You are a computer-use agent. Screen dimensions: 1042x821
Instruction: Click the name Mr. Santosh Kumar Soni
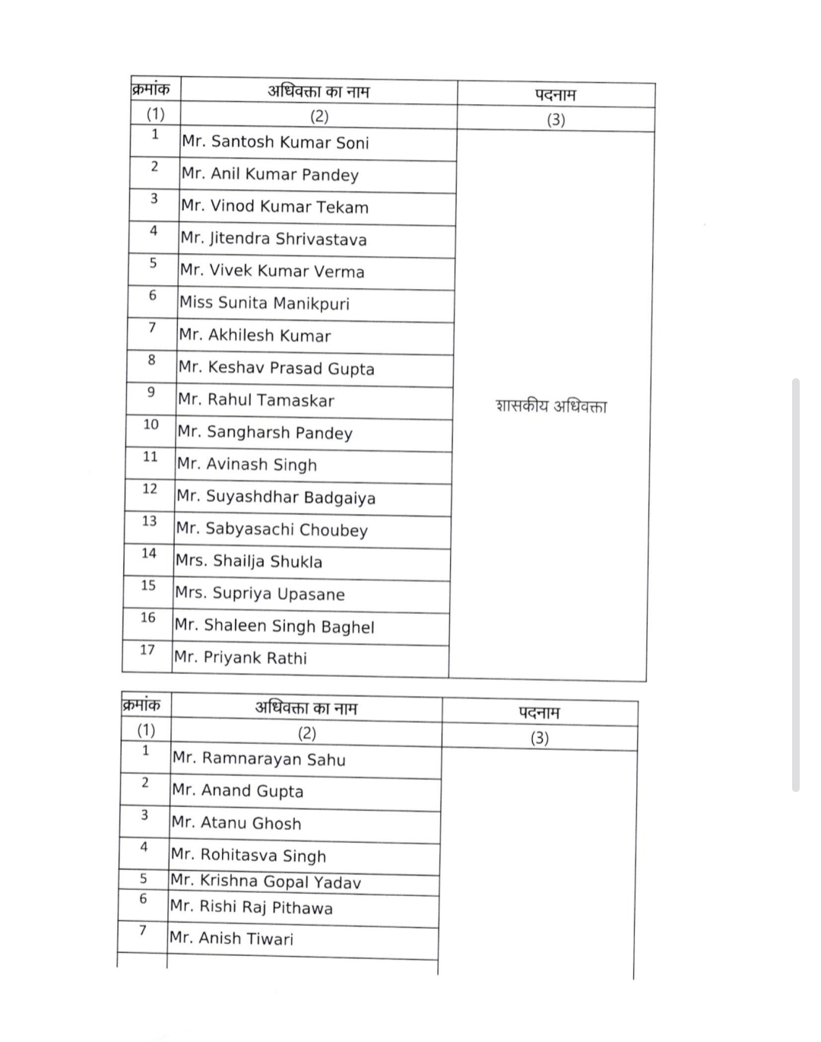tap(275, 142)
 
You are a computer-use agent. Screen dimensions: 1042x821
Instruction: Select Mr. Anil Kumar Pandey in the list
tap(270, 174)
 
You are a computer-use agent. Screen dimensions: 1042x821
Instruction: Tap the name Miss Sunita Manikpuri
tap(265, 303)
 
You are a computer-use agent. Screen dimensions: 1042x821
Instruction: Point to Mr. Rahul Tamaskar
tap(256, 400)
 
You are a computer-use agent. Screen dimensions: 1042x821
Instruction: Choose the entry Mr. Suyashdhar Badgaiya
tap(276, 497)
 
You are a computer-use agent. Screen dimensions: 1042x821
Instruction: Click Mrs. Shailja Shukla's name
tap(249, 561)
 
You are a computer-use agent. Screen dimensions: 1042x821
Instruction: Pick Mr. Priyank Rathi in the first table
tap(240, 658)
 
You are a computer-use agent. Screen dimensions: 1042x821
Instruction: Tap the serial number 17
tap(147, 650)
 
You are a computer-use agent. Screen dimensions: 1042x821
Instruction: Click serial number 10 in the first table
tap(151, 424)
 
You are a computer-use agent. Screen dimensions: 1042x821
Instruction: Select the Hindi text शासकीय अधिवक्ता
tap(551, 405)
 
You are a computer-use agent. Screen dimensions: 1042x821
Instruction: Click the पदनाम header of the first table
tap(556, 95)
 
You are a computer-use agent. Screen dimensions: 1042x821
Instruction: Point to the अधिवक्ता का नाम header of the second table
tap(306, 708)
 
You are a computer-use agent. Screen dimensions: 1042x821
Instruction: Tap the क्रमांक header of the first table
tap(151, 89)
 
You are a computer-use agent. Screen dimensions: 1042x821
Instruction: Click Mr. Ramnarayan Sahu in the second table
tap(258, 758)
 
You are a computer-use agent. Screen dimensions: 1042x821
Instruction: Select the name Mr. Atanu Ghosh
tap(236, 823)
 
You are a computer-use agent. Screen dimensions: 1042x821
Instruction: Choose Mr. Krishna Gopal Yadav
tap(265, 882)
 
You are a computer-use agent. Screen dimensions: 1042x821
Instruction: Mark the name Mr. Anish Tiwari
tap(231, 939)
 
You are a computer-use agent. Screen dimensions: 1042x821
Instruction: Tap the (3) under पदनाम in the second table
tap(540, 738)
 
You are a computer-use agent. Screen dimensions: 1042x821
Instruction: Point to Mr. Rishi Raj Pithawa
tap(252, 907)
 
